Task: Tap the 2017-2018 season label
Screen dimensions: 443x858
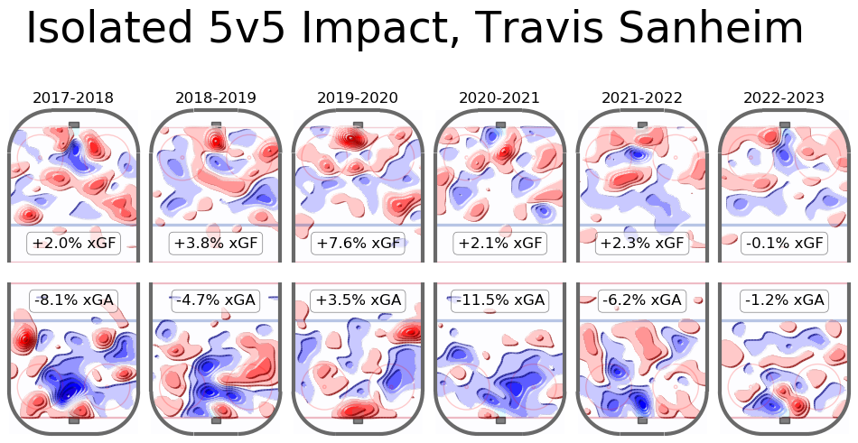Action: [x=74, y=97]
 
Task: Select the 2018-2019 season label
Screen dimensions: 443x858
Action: [x=216, y=97]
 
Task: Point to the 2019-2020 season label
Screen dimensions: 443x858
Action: [x=358, y=97]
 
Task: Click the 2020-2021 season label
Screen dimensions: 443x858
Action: [x=499, y=97]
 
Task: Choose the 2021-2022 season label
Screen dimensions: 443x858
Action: [x=642, y=97]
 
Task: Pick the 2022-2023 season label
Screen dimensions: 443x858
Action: [x=784, y=97]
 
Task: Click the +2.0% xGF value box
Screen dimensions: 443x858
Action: [x=74, y=244]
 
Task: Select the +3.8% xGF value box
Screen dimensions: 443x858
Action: [x=216, y=244]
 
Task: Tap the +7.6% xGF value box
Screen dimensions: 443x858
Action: [x=358, y=244]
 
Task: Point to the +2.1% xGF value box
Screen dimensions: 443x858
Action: [x=499, y=244]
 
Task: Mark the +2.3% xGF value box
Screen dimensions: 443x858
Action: [x=642, y=244]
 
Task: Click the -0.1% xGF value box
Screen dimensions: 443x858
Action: [x=784, y=244]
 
